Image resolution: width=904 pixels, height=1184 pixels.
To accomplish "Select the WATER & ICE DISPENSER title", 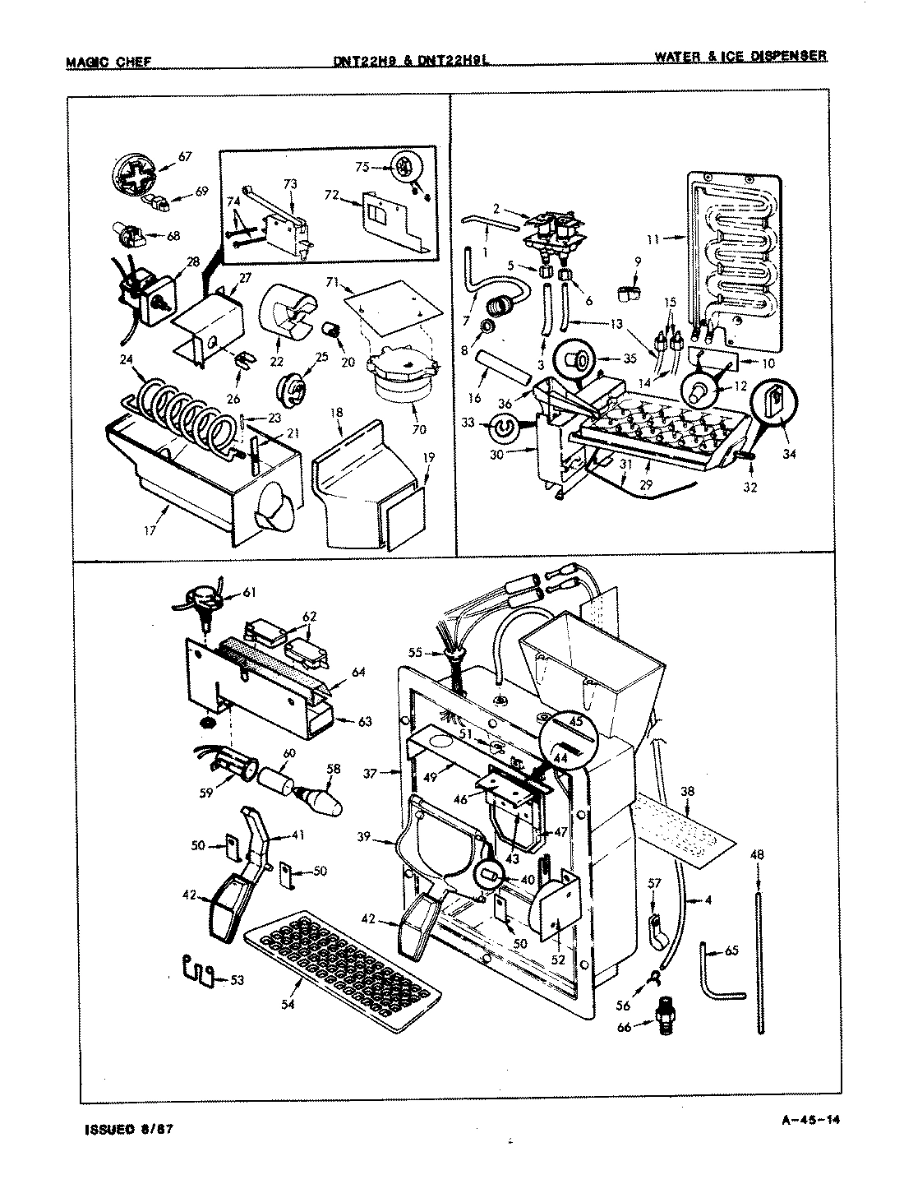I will click(740, 57).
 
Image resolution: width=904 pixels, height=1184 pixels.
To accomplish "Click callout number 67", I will click(185, 155).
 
